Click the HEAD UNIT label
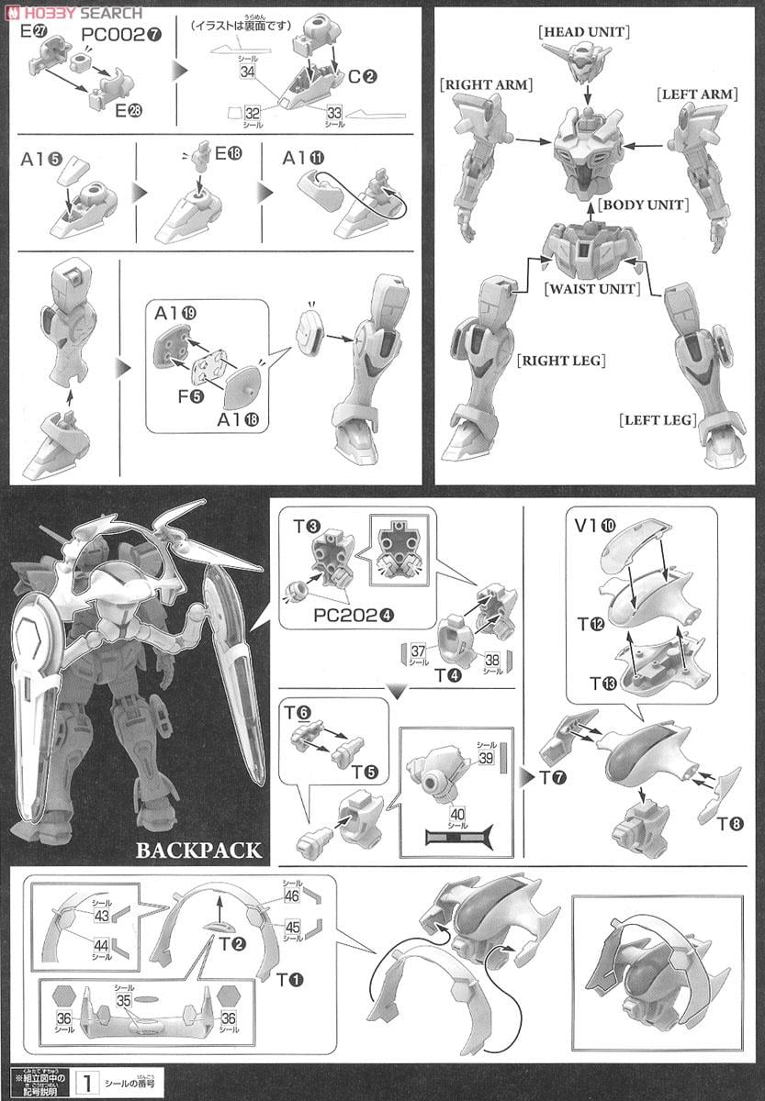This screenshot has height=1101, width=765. [x=584, y=32]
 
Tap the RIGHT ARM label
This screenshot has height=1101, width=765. [x=486, y=84]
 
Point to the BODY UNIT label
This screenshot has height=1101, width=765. [x=642, y=205]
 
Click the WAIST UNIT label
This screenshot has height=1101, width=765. [x=586, y=289]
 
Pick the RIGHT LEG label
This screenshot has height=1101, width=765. [x=562, y=361]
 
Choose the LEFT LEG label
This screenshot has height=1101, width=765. [x=658, y=420]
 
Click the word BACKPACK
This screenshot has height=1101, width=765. [x=198, y=850]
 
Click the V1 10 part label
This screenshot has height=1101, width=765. [x=597, y=527]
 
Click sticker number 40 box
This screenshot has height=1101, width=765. [x=456, y=813]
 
